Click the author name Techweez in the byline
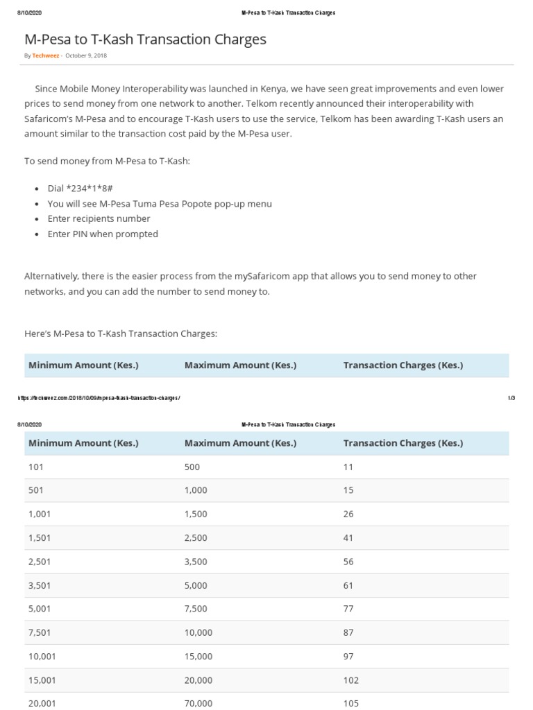tap(45, 55)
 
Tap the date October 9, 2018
tap(86, 55)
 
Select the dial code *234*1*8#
tap(86, 188)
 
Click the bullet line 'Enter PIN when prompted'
tap(103, 234)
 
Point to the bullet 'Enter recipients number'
tap(99, 218)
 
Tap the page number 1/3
tap(511, 398)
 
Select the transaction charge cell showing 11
tap(348, 467)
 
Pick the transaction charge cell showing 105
tap(351, 703)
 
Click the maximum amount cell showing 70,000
tap(198, 703)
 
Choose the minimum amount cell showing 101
tap(35, 467)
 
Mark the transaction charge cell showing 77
tap(348, 609)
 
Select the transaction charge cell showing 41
tap(348, 538)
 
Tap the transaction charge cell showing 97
tap(348, 656)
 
